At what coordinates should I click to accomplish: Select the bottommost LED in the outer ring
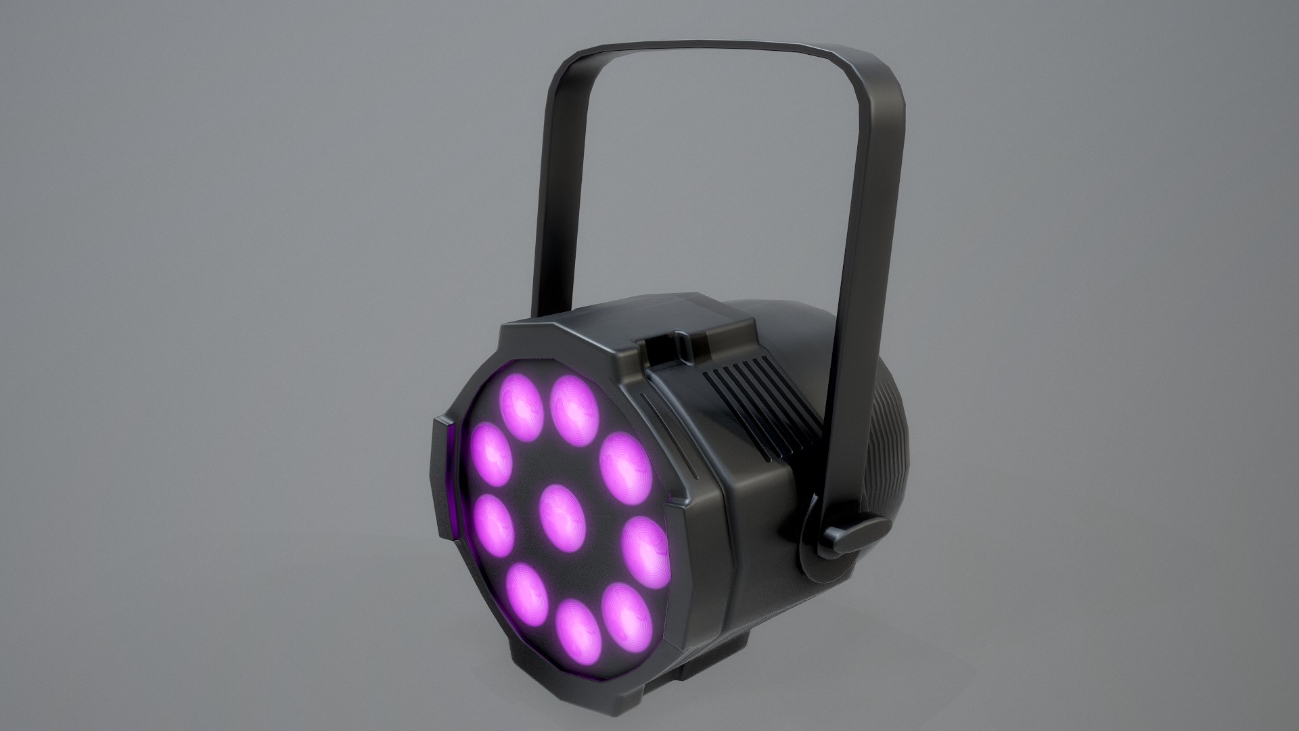point(579,633)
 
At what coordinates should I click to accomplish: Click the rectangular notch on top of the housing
point(670,352)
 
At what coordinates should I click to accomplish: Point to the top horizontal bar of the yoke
point(697,58)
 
